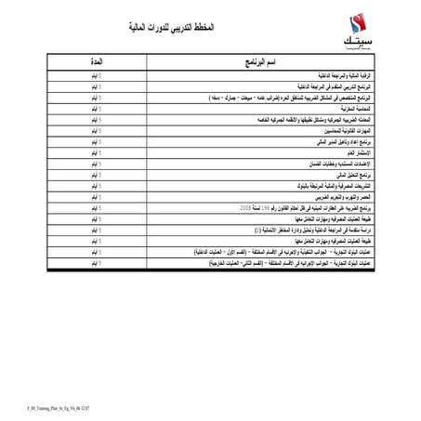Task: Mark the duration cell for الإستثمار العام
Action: [97, 161]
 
